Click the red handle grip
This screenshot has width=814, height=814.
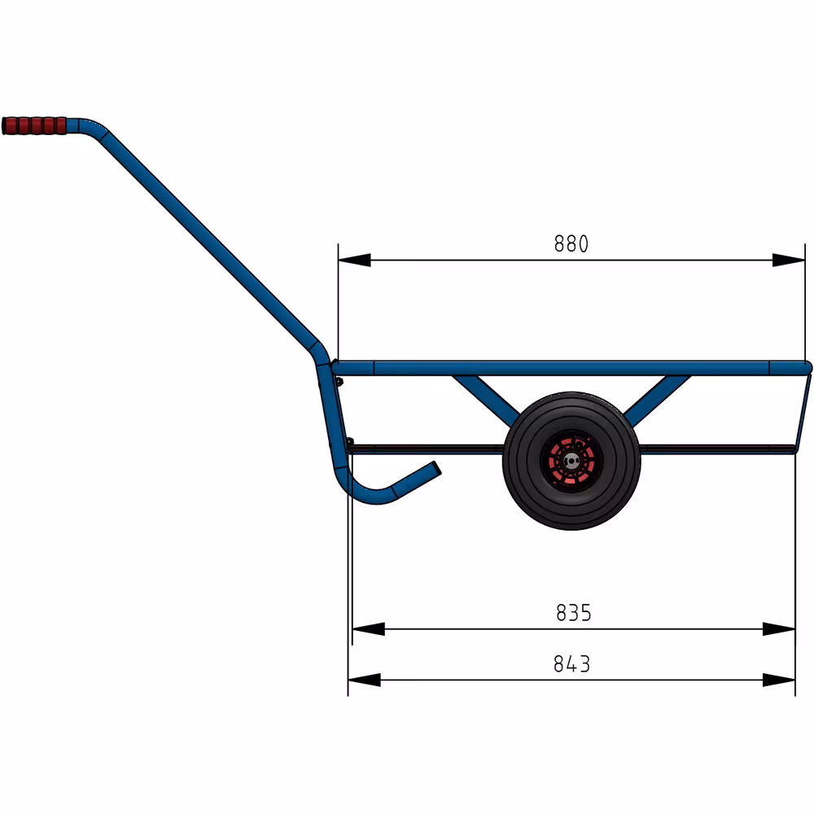[x=34, y=126]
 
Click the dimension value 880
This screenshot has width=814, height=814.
[x=571, y=244]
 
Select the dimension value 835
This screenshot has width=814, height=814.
[x=573, y=613]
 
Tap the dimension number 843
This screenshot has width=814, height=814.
[x=571, y=664]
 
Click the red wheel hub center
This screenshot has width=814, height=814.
[x=571, y=462]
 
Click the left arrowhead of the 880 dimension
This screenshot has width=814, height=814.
[x=354, y=260]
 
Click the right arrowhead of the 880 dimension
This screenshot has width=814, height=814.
[x=789, y=260]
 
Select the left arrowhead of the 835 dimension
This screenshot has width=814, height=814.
[x=368, y=629]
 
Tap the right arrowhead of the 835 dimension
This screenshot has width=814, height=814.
[x=779, y=629]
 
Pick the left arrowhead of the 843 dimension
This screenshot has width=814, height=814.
[x=364, y=680]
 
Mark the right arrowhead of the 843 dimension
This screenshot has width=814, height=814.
[x=779, y=680]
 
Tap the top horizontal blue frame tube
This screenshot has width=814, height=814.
[x=570, y=368]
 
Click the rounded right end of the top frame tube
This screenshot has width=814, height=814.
[x=806, y=368]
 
